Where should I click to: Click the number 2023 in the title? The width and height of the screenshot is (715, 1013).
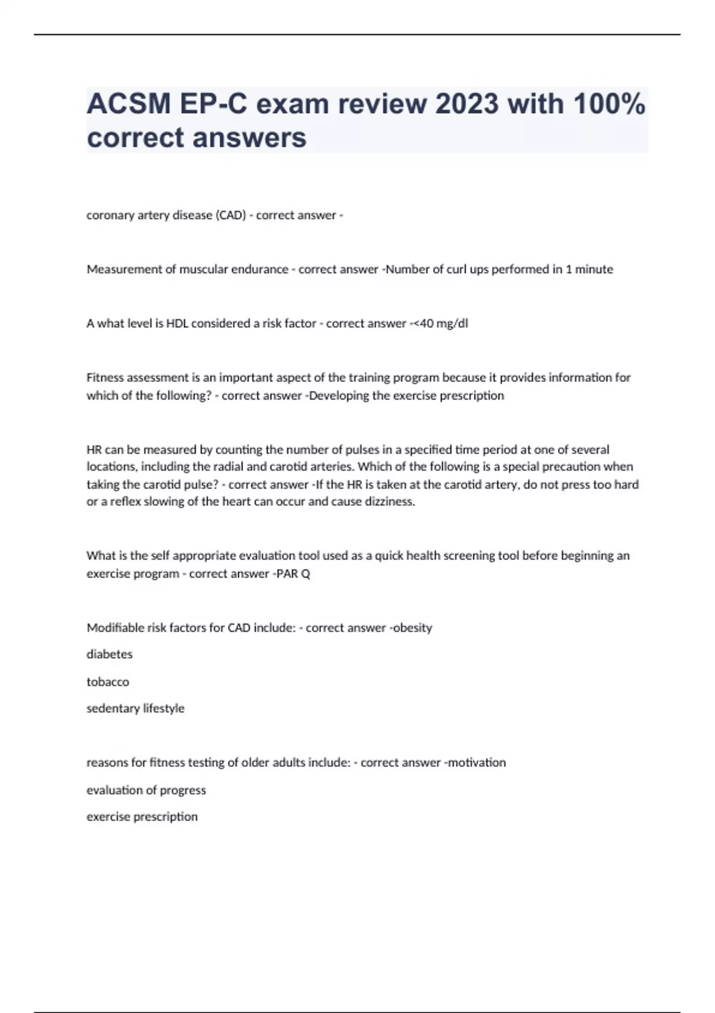pos(467,104)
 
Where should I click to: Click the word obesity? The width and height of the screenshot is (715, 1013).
pos(412,627)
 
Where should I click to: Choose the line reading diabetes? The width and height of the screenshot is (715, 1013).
pos(110,654)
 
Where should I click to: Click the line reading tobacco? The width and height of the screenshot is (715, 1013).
pos(108,682)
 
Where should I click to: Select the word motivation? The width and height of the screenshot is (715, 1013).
pos(476,763)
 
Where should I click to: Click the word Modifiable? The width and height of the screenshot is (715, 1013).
pos(114,627)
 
